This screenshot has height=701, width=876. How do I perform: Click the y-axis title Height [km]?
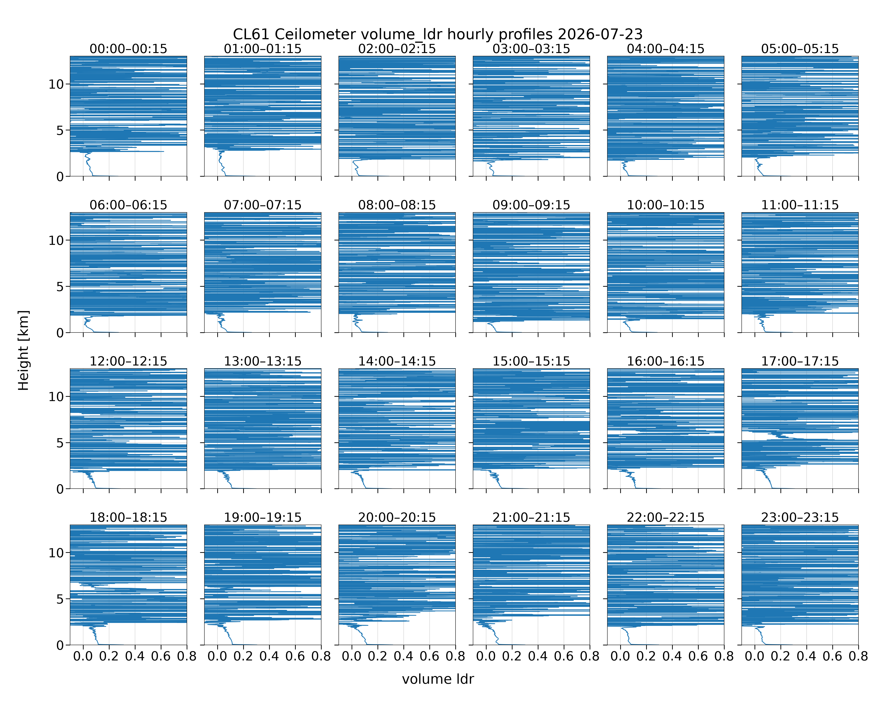tap(24, 350)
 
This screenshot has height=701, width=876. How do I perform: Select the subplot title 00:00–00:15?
tap(128, 49)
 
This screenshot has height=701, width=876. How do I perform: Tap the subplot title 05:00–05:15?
tap(800, 49)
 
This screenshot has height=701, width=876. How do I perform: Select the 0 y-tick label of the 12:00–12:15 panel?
tap(60, 489)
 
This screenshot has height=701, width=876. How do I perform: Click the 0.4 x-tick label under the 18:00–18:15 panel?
tap(135, 656)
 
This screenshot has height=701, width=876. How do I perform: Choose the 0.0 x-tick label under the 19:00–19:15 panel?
tap(217, 656)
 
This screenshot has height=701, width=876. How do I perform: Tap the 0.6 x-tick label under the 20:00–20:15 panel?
tap(429, 656)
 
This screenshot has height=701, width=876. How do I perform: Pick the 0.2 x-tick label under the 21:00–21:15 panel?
tap(512, 656)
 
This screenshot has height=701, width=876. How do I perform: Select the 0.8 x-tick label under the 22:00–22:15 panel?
tap(724, 656)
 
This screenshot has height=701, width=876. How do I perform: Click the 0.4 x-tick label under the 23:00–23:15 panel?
tap(807, 656)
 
